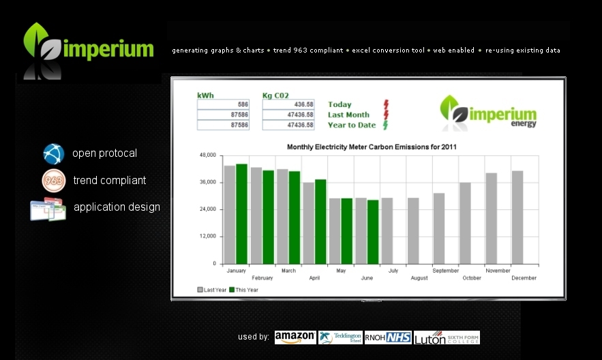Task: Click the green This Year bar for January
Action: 241,214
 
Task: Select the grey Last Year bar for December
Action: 517,217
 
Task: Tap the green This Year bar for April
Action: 320,222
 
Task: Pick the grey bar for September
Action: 439,228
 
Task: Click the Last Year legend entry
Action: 212,290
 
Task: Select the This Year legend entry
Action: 244,290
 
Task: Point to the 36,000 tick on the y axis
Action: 208,182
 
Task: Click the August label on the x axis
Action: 419,278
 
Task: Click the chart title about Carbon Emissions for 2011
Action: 372,147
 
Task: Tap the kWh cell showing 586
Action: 223,104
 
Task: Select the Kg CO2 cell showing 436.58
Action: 288,104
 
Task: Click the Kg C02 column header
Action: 275,95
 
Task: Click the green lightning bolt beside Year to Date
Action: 385,125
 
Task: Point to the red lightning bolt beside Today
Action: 386,104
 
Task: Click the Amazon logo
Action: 295,337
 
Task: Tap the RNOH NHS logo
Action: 388,337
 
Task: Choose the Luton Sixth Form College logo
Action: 447,337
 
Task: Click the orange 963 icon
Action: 54,181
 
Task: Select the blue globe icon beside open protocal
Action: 53,154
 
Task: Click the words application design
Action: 117,207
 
